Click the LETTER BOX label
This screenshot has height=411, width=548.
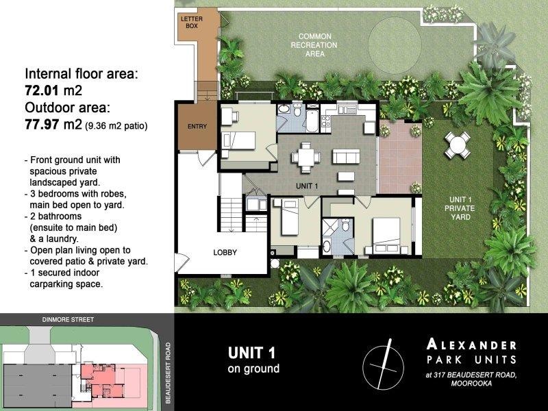pyautogui.click(x=192, y=23)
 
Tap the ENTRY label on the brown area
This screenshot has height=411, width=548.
pyautogui.click(x=197, y=127)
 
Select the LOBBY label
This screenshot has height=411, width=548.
pyautogui.click(x=225, y=252)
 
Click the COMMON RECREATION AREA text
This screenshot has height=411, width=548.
pyautogui.click(x=314, y=45)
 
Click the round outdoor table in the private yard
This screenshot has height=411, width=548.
pyautogui.click(x=457, y=145)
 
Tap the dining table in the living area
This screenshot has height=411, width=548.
pyautogui.click(x=306, y=158)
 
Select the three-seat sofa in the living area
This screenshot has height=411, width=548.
pyautogui.click(x=346, y=156)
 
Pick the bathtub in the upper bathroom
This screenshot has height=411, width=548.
pyautogui.click(x=312, y=121)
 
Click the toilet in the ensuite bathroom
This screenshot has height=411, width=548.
pyautogui.click(x=346, y=225)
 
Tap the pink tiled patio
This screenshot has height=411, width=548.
pyautogui.click(x=400, y=157)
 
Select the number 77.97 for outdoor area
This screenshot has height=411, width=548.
pyautogui.click(x=42, y=124)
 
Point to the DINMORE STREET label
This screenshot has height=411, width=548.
pyautogui.click(x=68, y=319)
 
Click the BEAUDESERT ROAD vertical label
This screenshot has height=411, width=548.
pyautogui.click(x=168, y=373)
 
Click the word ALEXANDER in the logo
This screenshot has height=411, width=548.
pyautogui.click(x=471, y=345)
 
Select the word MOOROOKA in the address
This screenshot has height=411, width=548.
pyautogui.click(x=471, y=384)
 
